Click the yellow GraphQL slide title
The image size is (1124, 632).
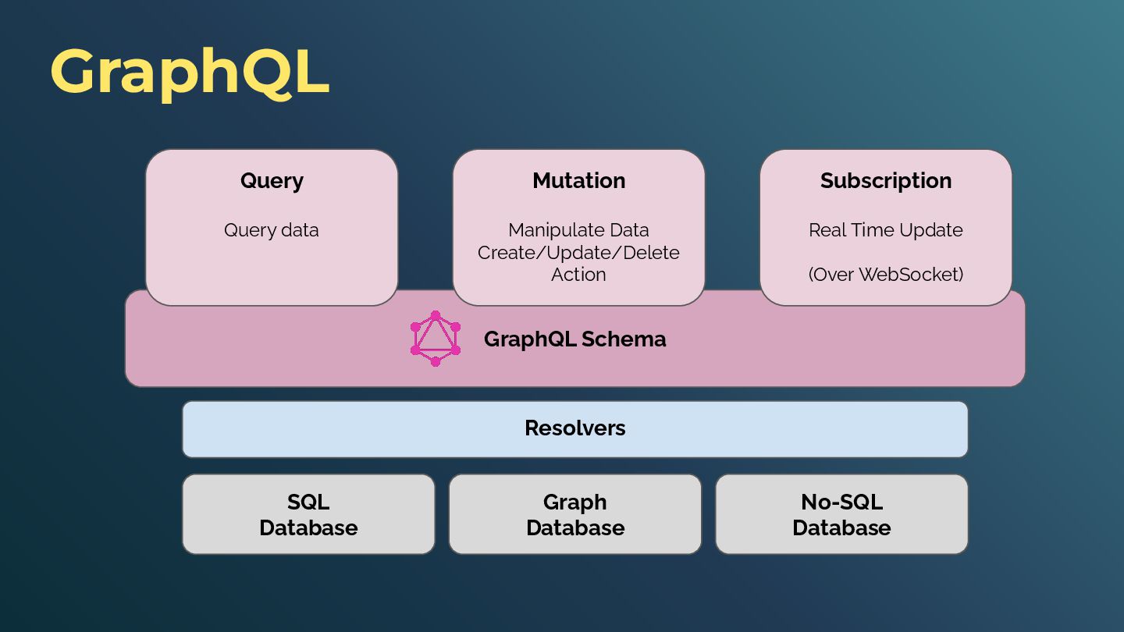point(190,72)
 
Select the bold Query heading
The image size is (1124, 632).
point(272,181)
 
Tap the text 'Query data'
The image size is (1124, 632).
point(272,230)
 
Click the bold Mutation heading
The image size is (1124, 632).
point(578,181)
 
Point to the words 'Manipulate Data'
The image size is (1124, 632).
point(578,230)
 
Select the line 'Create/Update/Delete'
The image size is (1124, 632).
point(578,253)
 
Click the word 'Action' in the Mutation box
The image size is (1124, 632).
point(578,275)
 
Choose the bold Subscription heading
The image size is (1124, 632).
point(886,181)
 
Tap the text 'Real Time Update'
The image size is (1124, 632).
point(886,230)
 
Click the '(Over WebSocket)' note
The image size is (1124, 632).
point(886,275)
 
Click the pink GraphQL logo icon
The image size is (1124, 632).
point(436,339)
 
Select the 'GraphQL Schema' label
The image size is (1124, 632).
point(574,339)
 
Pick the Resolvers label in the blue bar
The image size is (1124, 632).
point(575,428)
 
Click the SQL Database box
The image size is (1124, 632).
point(308,514)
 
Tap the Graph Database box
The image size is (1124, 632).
point(575,514)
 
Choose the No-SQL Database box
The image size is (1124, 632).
point(841,514)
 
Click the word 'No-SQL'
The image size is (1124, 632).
point(841,502)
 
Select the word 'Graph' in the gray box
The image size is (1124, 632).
point(575,502)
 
